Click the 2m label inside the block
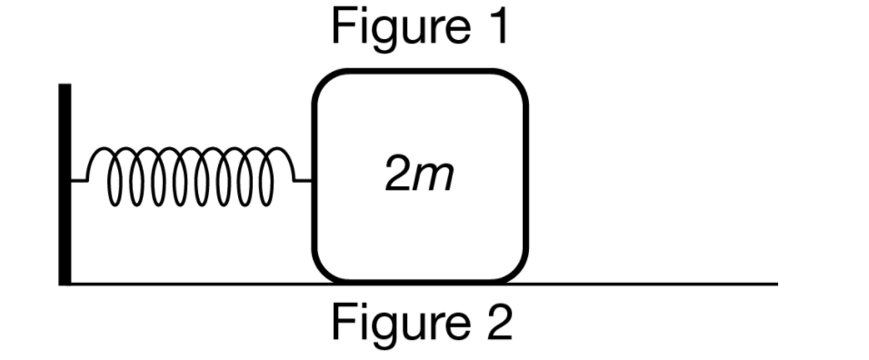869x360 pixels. point(418,178)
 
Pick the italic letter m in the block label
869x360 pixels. point(434,180)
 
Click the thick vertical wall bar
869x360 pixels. point(65,182)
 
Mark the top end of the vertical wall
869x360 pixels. point(65,86)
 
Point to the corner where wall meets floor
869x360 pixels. point(65,283)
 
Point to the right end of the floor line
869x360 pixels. point(776,284)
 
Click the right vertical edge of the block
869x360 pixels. point(526,177)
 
